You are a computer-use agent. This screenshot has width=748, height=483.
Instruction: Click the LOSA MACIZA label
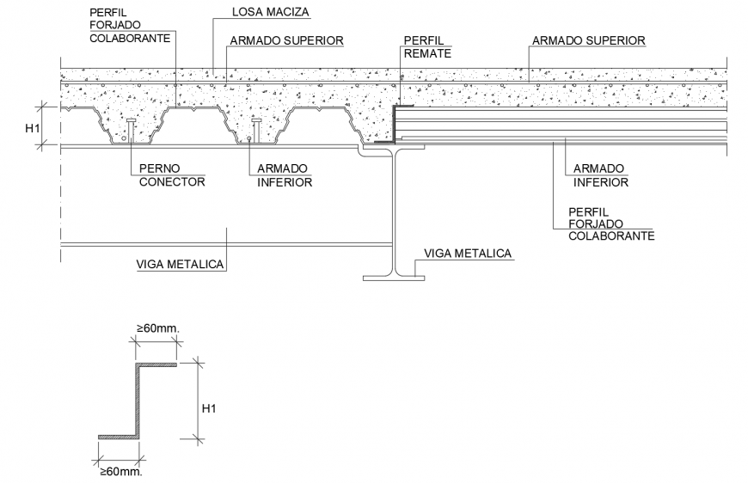pos(270,13)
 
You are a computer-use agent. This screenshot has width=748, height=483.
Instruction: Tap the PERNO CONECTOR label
pos(172,175)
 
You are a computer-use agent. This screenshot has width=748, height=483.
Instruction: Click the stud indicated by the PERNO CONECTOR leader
pos(130,131)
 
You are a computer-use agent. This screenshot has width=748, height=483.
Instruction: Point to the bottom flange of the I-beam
pos(393,278)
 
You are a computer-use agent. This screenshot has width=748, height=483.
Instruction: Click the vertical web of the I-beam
pos(394,215)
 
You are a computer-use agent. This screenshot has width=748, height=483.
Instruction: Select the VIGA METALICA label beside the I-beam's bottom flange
pos(469,253)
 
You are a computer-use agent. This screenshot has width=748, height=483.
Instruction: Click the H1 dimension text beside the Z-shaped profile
pos(208,408)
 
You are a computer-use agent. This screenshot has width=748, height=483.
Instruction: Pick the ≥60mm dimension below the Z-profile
pos(120,471)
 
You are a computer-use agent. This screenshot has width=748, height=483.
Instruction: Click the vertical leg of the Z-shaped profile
pos(135,400)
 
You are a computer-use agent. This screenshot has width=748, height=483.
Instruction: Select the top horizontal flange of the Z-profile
pos(155,365)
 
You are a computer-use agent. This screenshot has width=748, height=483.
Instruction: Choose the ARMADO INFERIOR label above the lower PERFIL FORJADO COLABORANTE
pos(600,175)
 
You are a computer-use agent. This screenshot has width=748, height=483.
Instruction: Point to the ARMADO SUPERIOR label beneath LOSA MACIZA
pos(286,40)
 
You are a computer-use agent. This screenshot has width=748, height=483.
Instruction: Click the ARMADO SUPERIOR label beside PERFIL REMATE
pos(588,40)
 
